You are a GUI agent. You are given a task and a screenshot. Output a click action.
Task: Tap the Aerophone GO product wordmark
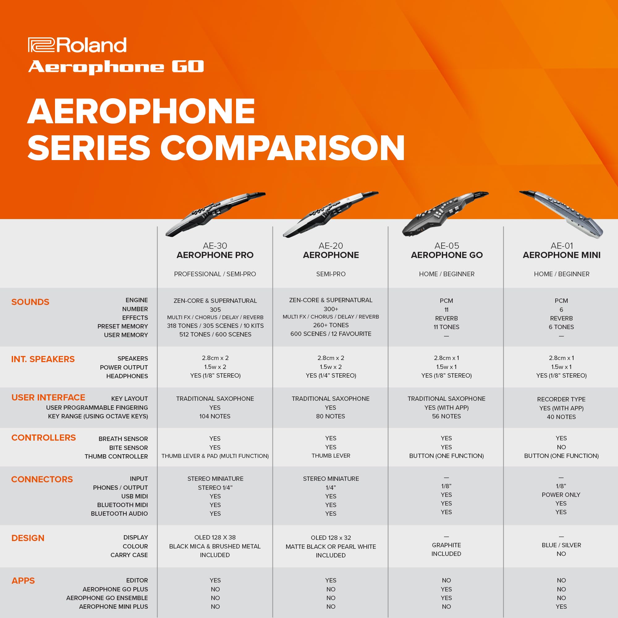[x=116, y=67]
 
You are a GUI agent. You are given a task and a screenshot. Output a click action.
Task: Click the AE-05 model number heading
[x=447, y=246]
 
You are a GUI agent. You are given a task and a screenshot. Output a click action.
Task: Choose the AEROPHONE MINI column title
[x=561, y=255]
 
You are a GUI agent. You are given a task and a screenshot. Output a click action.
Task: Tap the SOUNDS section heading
[x=30, y=302]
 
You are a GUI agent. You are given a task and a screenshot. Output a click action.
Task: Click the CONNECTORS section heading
[x=42, y=479]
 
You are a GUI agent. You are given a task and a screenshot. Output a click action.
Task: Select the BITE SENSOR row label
[x=128, y=447]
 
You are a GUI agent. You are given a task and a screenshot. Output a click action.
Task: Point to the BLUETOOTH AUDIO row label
[x=119, y=513]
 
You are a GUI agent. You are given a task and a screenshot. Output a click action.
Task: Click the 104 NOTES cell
[x=215, y=416]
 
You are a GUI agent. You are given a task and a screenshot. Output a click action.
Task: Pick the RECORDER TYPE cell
[x=561, y=399]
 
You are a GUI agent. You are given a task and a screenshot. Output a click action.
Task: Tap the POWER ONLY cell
[x=561, y=494]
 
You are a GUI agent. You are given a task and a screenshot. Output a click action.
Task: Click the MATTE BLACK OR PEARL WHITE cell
[x=331, y=547]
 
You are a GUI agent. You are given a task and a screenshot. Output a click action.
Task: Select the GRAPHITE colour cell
[x=446, y=545]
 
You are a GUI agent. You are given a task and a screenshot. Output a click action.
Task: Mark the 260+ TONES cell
[x=331, y=325]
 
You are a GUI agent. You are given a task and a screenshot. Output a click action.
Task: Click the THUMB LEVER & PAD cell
[x=215, y=456]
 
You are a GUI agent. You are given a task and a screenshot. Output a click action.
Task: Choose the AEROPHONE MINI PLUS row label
[x=113, y=607]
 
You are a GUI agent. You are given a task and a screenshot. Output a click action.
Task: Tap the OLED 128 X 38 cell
[x=215, y=537]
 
